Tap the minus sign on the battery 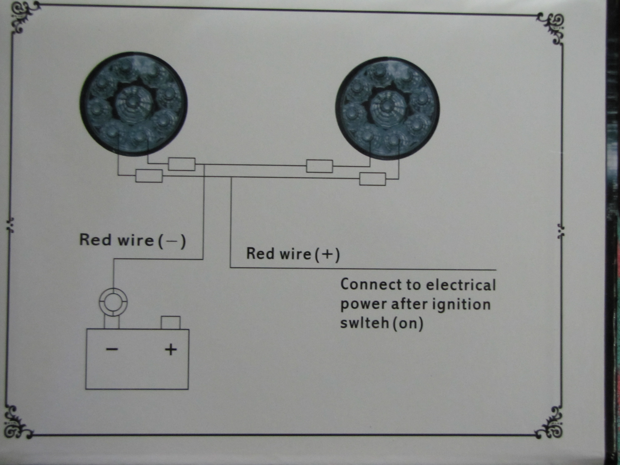112,349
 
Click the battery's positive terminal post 170,323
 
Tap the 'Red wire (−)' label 133,241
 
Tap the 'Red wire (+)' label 293,254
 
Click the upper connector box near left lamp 182,164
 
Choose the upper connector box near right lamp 319,166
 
